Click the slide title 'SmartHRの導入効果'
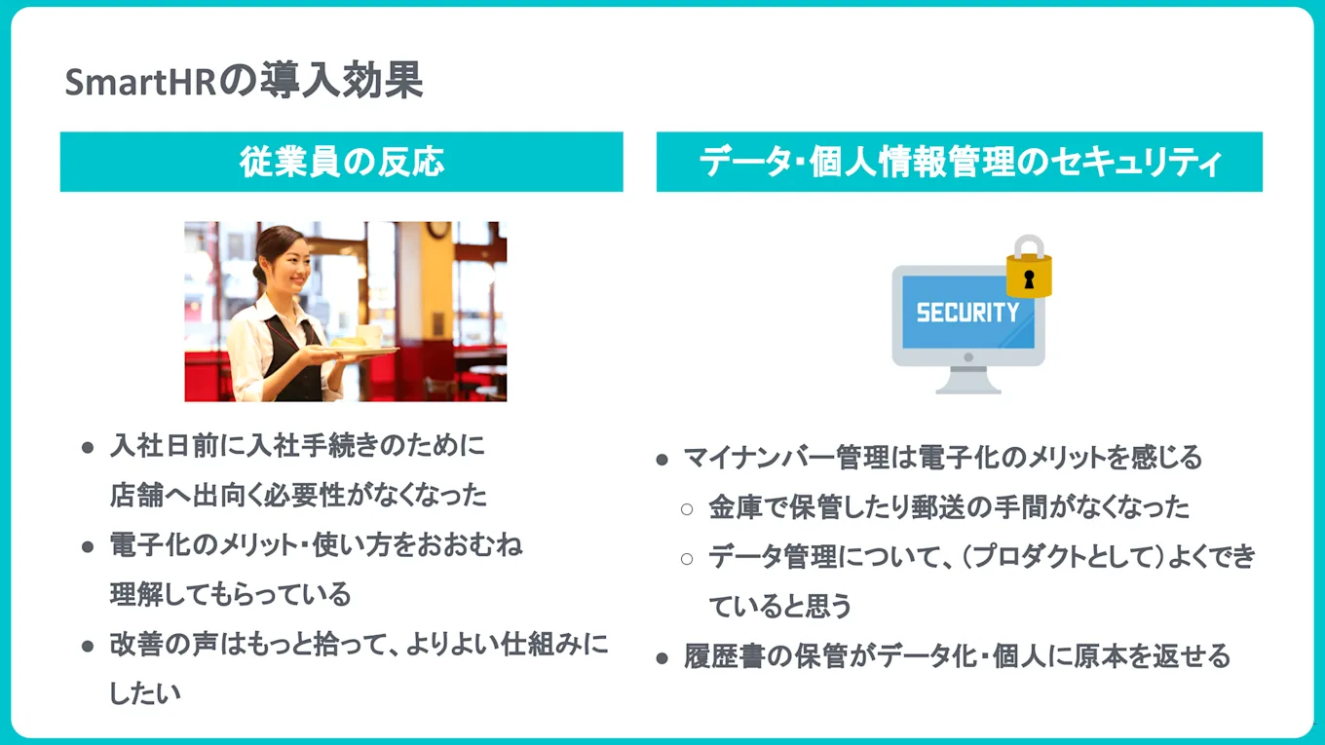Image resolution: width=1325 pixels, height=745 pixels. pos(244,83)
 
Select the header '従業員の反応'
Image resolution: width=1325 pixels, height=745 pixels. pos(342,162)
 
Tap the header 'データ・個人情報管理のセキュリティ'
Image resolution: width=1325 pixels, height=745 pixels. pos(960,162)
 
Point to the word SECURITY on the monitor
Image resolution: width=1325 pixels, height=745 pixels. pos(966,313)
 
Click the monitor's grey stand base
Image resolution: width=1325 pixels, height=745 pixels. pos(967,387)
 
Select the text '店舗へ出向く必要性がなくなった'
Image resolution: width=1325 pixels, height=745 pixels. pos(298,495)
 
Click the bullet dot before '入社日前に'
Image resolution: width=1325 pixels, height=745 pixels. pos(88,448)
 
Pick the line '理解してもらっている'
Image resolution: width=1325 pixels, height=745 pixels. pos(230,593)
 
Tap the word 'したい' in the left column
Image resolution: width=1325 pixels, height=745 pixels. pos(145,692)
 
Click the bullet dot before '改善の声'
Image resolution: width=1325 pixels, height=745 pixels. pos(88,646)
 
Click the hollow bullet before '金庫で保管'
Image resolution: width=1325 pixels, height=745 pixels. pos(687,508)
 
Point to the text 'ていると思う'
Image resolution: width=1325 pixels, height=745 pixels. pos(779,607)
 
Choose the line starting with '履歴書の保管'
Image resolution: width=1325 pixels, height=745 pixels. pos(956,656)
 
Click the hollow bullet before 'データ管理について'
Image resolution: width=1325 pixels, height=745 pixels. pos(687,558)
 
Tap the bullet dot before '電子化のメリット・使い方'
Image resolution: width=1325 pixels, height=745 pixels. pos(88,546)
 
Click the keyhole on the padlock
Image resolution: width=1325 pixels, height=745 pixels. pos(1028,279)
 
